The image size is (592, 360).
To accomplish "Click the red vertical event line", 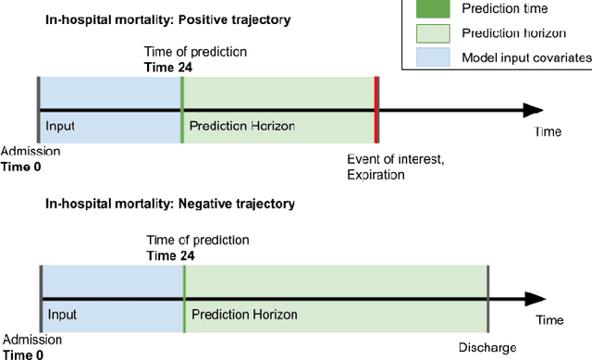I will tap(376, 110).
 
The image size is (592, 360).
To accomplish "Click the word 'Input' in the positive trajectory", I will tap(60, 125).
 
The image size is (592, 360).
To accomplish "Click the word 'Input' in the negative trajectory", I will tap(63, 314).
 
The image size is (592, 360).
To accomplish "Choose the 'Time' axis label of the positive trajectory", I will tap(548, 132).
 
